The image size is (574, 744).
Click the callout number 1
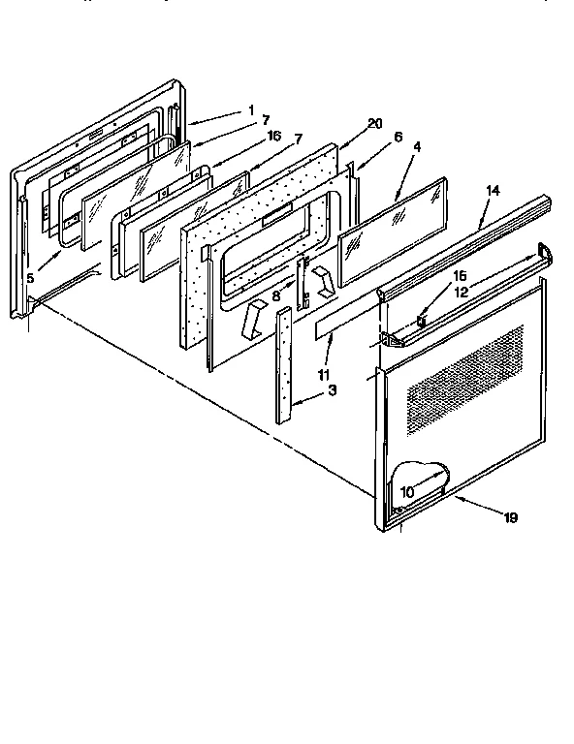click(250, 109)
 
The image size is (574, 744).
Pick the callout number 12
click(462, 290)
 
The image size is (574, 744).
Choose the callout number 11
click(322, 372)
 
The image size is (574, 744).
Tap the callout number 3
click(333, 389)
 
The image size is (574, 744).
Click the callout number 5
click(30, 277)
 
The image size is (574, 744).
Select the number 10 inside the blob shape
click(406, 491)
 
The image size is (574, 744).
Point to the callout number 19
click(510, 517)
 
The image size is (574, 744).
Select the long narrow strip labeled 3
click(283, 368)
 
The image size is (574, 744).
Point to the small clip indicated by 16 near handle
click(422, 317)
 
